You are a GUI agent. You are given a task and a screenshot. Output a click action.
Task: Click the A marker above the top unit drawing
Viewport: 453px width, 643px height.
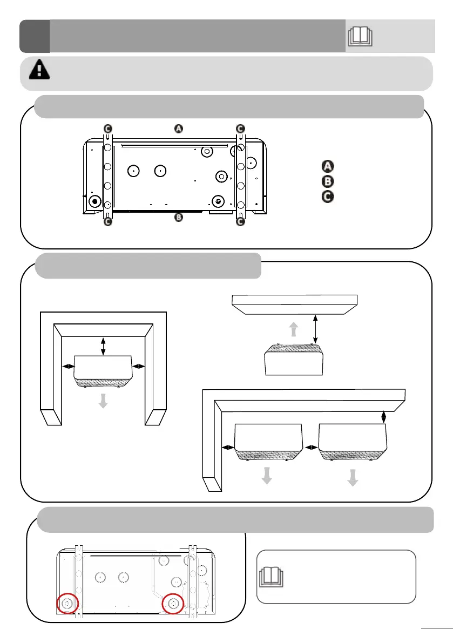179,128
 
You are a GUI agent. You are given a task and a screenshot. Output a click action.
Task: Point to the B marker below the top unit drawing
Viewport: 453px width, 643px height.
179,218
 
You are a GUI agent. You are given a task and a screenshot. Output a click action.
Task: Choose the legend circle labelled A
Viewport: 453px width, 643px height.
327,166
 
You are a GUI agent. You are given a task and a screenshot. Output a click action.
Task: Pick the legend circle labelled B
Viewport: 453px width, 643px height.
327,181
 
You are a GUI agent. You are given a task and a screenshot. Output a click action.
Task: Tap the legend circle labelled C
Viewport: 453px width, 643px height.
327,197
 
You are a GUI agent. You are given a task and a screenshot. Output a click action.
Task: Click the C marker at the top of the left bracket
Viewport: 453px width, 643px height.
108,128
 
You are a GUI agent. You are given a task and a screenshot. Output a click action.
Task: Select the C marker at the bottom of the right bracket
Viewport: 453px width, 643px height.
240,221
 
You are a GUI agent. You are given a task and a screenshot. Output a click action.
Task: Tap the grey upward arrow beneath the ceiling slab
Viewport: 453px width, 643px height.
293,329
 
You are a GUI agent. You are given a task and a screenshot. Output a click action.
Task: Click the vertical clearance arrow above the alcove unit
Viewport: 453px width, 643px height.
104,346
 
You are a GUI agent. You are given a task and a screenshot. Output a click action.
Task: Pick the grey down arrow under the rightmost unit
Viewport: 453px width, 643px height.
353,478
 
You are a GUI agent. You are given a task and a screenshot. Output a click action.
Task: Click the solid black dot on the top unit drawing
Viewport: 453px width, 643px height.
96,201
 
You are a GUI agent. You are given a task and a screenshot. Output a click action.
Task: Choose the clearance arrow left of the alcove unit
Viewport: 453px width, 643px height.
69,366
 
